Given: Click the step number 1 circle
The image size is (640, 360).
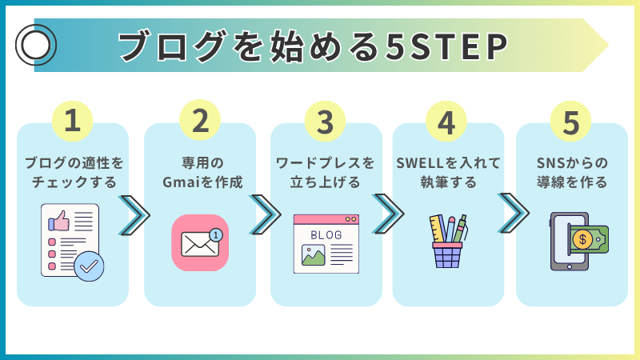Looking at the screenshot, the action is click(72, 122).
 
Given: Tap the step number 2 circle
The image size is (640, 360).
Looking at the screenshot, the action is click(200, 120).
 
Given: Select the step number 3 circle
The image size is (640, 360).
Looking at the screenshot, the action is click(325, 122).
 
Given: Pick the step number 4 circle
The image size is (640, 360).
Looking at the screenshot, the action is click(446, 122).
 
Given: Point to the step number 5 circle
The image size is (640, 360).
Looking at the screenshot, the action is click(570, 122).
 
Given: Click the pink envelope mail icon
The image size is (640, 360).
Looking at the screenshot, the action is click(200, 243).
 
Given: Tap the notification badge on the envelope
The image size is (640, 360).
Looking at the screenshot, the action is click(216, 235).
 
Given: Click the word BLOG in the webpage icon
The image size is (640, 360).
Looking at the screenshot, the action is click(326, 235).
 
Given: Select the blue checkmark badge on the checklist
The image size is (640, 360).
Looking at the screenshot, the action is click(89, 266).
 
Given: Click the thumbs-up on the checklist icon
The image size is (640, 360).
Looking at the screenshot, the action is click(59, 221).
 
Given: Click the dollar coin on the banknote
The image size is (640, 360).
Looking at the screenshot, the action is click(582, 239).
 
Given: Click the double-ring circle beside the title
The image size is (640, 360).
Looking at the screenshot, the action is click(36, 45).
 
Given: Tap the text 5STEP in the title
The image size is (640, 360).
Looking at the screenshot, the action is click(447, 46).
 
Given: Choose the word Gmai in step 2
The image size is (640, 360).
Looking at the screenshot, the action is click(182, 182).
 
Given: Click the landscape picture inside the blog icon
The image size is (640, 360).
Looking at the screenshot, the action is click(313, 255).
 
